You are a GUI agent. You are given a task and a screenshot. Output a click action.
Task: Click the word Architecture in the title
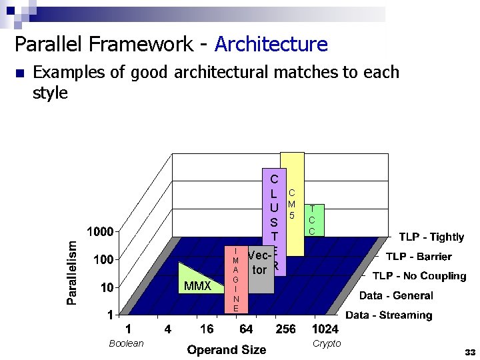pos(271,45)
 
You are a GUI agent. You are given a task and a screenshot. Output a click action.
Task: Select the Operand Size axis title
pos(227,349)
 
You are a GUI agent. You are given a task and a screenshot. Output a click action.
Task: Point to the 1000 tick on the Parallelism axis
pos(102,232)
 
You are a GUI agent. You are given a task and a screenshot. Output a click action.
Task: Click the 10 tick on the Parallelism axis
pos(107,287)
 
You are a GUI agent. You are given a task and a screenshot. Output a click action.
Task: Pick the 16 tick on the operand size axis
pos(207,329)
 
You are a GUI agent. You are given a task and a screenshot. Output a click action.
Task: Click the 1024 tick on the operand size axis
pos(325,329)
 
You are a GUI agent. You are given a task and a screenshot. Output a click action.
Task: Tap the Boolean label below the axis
pos(126,343)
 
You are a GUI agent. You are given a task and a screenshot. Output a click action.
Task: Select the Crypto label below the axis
pos(327,343)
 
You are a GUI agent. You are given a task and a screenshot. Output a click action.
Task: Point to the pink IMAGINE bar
pos(236,280)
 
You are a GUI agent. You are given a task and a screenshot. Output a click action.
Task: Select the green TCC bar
pos(312,220)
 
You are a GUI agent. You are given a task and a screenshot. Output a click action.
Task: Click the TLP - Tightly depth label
pos(431,237)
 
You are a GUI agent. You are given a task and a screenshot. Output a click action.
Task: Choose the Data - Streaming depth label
pos(389,315)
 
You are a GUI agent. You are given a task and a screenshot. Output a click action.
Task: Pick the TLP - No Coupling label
pos(419,275)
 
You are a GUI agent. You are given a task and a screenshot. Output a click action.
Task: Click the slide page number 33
pos(470,351)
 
